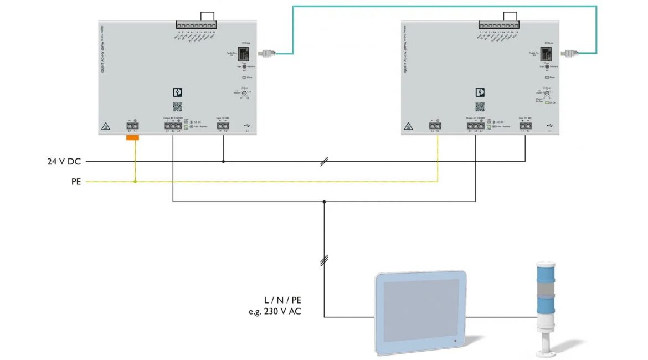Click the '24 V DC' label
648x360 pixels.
(64, 162)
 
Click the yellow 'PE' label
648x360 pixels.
(75, 181)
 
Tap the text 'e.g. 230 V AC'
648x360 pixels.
(275, 311)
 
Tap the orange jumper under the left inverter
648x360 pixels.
(134, 136)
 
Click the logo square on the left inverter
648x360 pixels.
(178, 93)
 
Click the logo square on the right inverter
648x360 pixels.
(480, 93)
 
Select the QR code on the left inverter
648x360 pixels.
(178, 106)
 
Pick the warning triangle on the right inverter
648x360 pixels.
(408, 126)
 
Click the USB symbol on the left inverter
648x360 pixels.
(247, 126)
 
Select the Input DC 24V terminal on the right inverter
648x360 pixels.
(525, 126)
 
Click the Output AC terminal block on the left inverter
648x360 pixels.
(173, 127)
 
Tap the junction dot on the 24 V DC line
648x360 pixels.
(223, 162)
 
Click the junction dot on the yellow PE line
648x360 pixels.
(135, 181)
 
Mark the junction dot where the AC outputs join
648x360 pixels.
(324, 202)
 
